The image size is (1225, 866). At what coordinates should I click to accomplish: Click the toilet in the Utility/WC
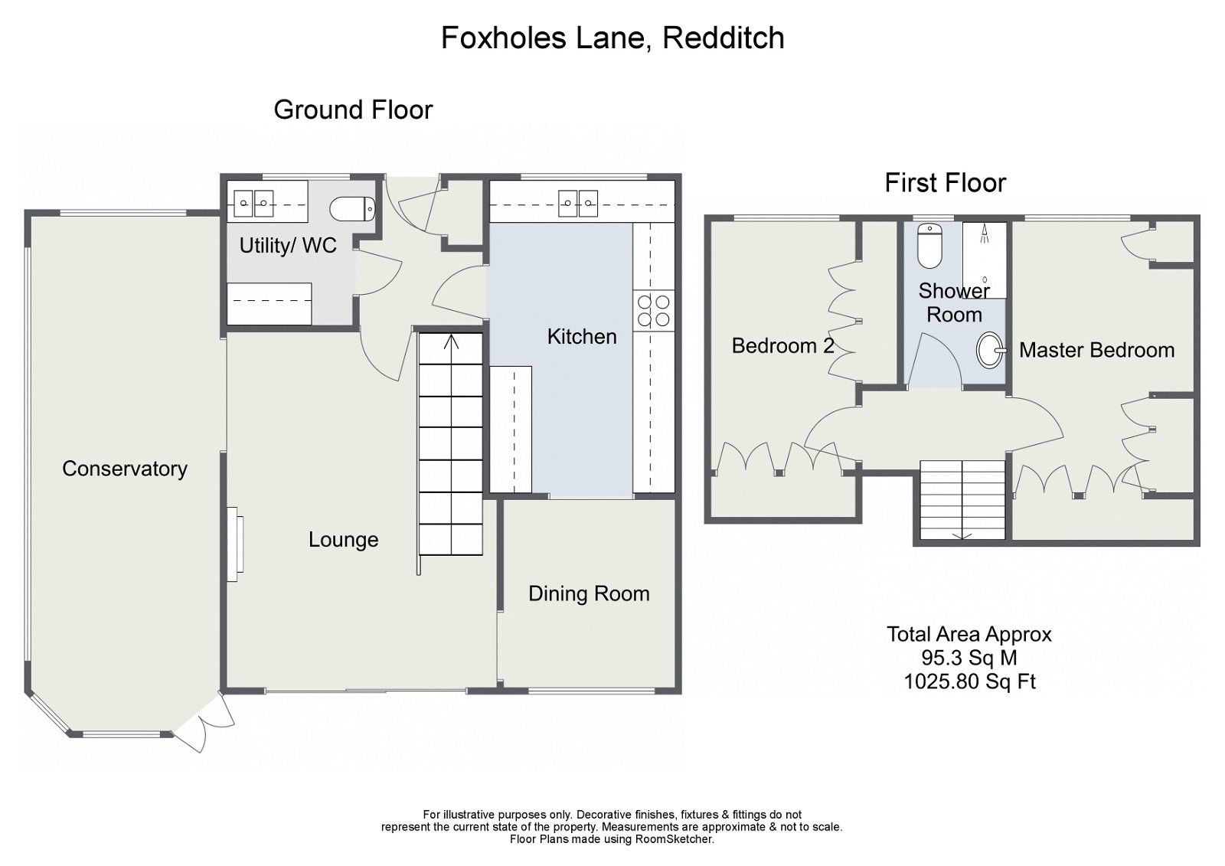point(352,208)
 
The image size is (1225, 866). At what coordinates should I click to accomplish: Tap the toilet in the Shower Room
point(930,247)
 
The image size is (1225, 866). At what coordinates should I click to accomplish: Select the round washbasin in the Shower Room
point(991,351)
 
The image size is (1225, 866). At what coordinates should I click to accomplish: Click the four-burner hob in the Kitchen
point(654,311)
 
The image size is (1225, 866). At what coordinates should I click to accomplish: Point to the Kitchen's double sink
point(577,202)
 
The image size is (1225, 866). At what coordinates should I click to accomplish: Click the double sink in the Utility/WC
point(253,202)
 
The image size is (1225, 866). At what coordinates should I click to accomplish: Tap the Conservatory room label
point(125,469)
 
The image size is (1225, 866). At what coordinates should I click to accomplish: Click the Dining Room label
point(589,593)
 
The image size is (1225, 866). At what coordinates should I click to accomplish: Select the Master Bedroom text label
point(1096,350)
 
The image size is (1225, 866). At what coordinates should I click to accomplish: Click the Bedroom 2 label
point(782,345)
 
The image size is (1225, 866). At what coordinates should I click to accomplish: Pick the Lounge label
point(343,540)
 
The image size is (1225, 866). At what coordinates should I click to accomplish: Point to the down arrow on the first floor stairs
point(962,534)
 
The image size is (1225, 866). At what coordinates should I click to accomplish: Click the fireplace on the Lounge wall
point(237,544)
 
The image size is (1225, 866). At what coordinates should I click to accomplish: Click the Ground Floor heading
point(353,110)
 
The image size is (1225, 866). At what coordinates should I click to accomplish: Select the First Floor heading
point(945,183)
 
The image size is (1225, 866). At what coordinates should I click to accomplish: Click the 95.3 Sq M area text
point(969,658)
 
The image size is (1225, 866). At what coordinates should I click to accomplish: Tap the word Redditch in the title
point(723,38)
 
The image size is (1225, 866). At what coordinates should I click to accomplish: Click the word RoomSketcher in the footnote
point(673,839)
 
